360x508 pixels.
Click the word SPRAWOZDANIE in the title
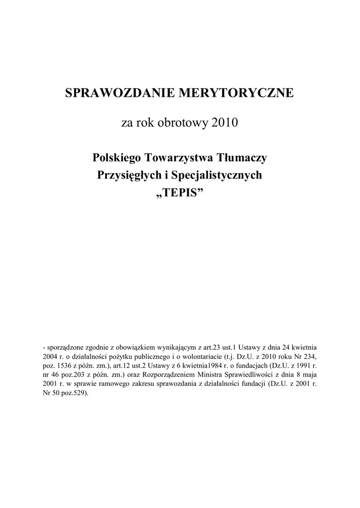pyautogui.click(x=117, y=93)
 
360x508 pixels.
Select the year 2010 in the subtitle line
pyautogui.click(x=225, y=122)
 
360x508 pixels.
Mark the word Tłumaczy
pyautogui.click(x=243, y=158)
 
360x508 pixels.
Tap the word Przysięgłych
pyautogui.click(x=125, y=175)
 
